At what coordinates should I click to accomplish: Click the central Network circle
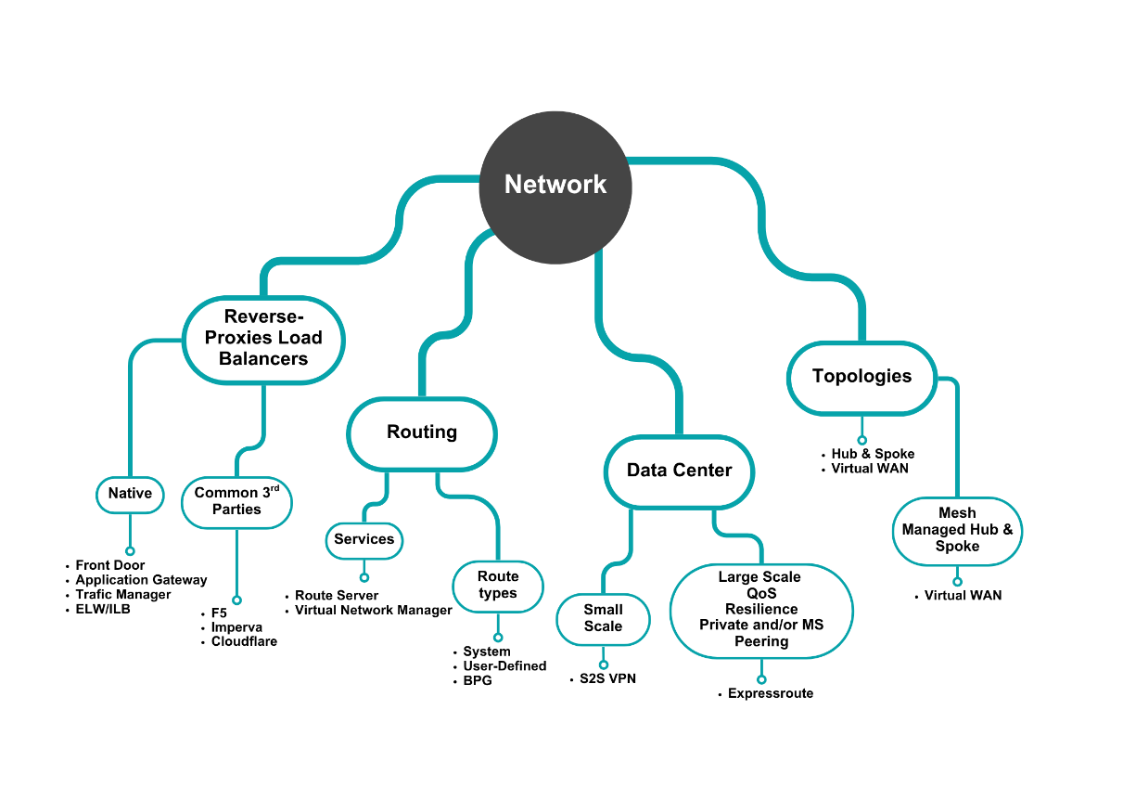click(x=555, y=186)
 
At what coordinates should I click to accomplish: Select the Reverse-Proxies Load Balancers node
click(x=263, y=339)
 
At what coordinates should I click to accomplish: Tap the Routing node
click(x=422, y=432)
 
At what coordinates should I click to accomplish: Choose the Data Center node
click(x=679, y=471)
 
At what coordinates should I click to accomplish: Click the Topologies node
click(x=861, y=377)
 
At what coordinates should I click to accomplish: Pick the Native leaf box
click(x=130, y=494)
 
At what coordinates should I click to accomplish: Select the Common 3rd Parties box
click(x=236, y=501)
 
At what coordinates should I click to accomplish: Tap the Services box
click(x=364, y=540)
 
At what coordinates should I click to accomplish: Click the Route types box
click(x=498, y=586)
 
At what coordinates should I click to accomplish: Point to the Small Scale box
click(x=603, y=618)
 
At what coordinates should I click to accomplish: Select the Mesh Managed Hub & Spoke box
click(x=957, y=530)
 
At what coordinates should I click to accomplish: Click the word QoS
click(x=760, y=593)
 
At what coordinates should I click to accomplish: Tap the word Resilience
click(x=760, y=609)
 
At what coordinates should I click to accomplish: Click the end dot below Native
click(x=130, y=551)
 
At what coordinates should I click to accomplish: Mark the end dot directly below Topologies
click(x=861, y=440)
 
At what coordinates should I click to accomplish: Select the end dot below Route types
click(x=498, y=638)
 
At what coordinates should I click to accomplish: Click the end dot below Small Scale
click(x=604, y=665)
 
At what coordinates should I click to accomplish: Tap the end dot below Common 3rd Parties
click(x=236, y=600)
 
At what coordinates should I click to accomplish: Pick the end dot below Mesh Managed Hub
click(x=957, y=582)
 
